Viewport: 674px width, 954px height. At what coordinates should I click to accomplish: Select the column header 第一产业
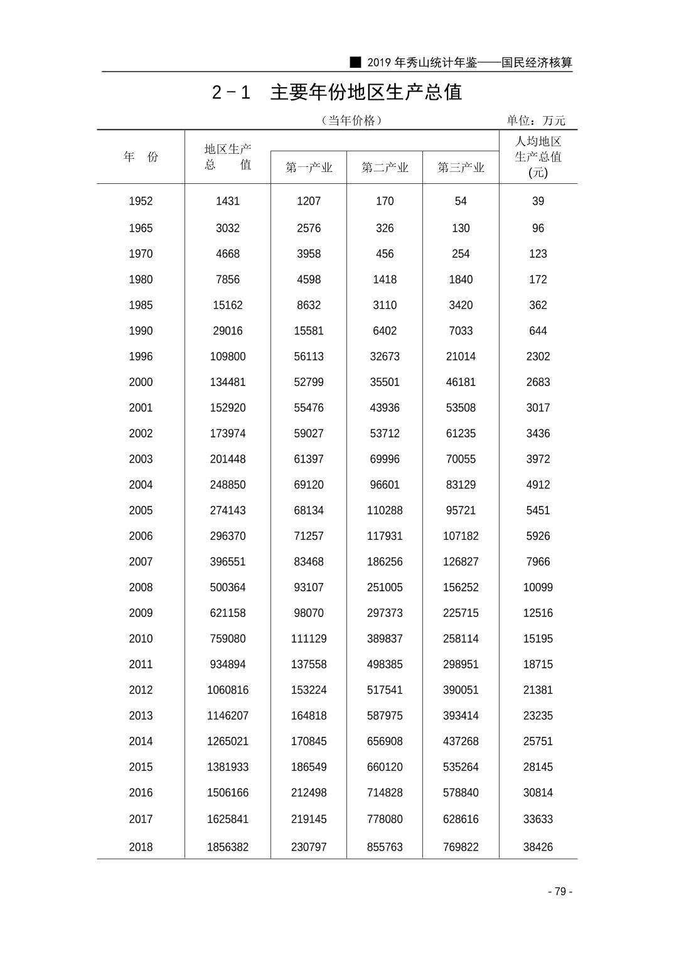(308, 168)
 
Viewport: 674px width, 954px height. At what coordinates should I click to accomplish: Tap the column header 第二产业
(385, 168)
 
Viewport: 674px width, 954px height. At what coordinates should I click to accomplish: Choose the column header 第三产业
(461, 168)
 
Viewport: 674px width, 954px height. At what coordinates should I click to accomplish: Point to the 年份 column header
(141, 157)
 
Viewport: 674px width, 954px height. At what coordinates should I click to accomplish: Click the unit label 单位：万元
(536, 121)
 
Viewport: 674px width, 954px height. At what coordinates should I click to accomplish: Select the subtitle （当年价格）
(351, 121)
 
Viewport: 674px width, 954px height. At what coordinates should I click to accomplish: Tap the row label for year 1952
(141, 201)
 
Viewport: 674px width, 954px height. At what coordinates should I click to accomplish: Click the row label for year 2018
(141, 847)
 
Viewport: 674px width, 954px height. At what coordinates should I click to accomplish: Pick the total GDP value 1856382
(228, 847)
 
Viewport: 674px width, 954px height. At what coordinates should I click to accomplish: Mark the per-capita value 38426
(538, 847)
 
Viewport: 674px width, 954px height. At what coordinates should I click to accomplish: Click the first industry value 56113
(309, 356)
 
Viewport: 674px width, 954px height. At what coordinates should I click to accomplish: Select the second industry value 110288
(385, 511)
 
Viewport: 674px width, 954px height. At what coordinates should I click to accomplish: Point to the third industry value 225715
(461, 613)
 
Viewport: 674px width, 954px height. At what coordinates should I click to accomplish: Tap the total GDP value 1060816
(228, 690)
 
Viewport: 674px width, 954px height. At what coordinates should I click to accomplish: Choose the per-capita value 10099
(538, 587)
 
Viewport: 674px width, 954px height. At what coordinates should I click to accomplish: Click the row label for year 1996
(141, 356)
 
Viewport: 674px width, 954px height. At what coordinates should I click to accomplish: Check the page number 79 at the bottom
(560, 892)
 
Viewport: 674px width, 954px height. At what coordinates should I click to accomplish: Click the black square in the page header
(356, 62)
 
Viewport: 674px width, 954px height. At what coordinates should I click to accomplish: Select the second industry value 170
(385, 201)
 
